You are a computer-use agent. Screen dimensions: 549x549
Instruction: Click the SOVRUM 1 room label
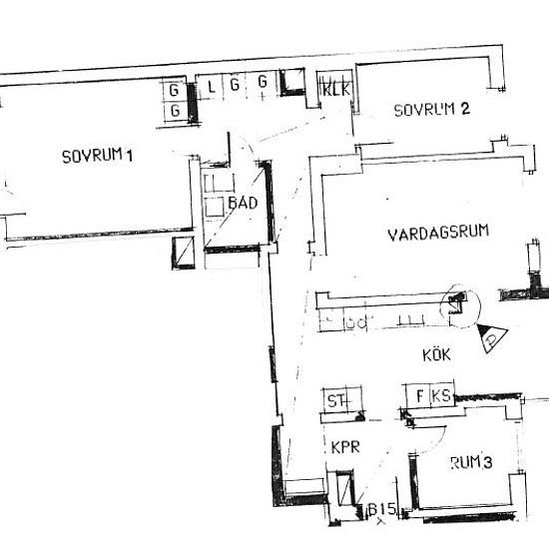coord(97,156)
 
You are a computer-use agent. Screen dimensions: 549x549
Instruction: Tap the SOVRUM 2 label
coord(431,110)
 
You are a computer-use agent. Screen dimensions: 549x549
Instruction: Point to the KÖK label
coord(434,353)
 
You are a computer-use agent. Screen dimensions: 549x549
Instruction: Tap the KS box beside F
coord(440,395)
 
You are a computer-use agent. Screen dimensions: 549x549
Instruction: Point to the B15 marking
coord(383,510)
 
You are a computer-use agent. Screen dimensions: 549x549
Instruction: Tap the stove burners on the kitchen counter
coord(353,321)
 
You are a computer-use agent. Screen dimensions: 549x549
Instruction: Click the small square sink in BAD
coord(215,208)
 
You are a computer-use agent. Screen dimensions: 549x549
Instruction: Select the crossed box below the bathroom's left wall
coord(182,257)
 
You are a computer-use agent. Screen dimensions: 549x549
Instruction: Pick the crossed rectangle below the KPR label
coord(344,494)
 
